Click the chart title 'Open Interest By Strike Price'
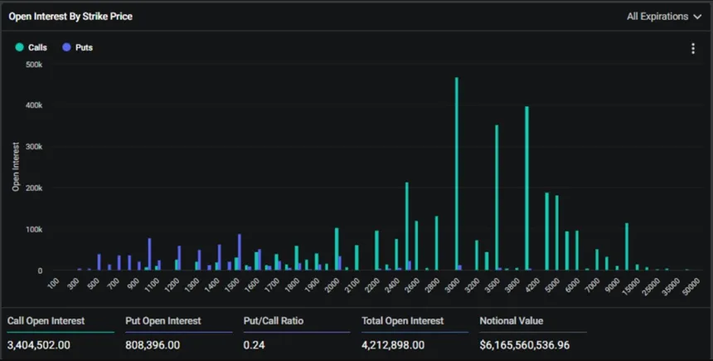70,16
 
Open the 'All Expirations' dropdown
663,16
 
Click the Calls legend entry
32,47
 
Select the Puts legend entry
78,47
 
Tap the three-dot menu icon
693,48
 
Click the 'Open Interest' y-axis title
16,167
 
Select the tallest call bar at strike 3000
456,174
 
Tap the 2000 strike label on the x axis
332,285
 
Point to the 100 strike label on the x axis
54,284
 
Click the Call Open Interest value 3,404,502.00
38,344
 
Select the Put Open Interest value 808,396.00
153,344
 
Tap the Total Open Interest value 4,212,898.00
393,344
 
